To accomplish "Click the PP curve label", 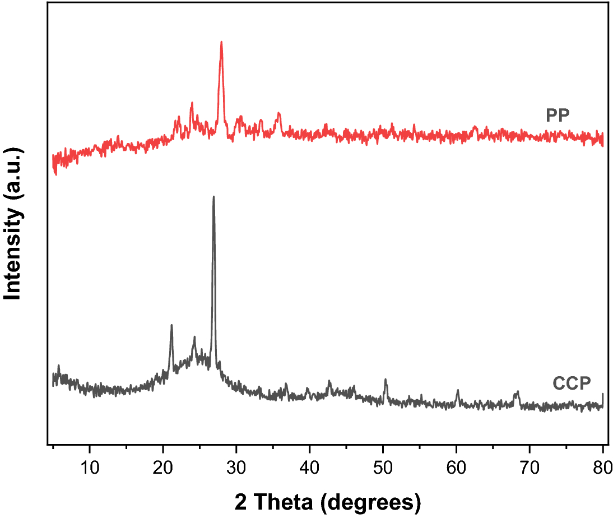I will point(558,116).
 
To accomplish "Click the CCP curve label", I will point(572,384).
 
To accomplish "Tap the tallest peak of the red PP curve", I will point(221,42).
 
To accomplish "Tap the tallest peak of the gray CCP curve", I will point(213,197).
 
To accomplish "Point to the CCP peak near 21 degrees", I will point(171,325).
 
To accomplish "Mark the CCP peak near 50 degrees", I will point(386,380).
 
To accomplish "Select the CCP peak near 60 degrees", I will point(458,390).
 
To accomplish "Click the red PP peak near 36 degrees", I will point(278,114).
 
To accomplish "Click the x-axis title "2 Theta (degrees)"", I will point(327,501).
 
